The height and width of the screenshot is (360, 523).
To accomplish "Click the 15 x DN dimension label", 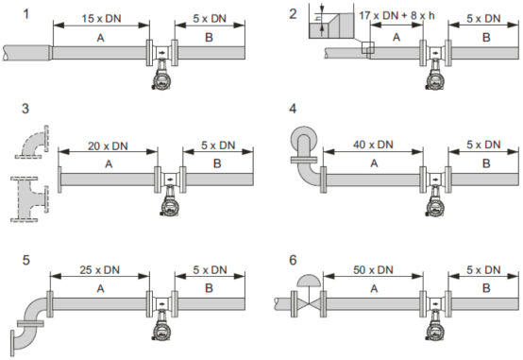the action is coord(101,19).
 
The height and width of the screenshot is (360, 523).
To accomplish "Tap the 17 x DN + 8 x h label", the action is coord(396,15).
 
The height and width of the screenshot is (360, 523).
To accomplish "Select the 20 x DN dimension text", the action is coord(108,146).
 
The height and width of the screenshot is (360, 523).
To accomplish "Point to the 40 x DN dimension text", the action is coord(373,145).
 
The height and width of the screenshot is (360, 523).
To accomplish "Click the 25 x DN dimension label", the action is coord(99,270).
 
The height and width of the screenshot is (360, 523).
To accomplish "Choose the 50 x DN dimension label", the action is coord(373,270).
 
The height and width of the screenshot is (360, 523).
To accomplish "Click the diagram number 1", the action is coord(26,14).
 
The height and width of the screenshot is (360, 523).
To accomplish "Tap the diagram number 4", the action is coord(293,109).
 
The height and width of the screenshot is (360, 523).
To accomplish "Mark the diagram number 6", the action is coord(293,260).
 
